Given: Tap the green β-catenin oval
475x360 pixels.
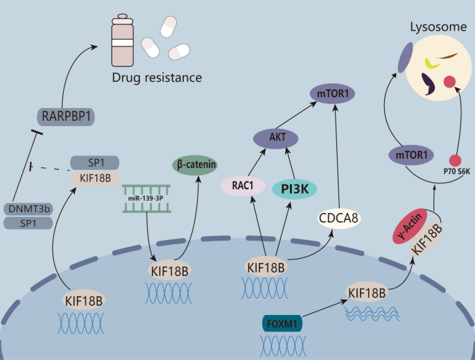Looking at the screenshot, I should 194,166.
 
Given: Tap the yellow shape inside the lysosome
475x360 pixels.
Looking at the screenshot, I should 431,64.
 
